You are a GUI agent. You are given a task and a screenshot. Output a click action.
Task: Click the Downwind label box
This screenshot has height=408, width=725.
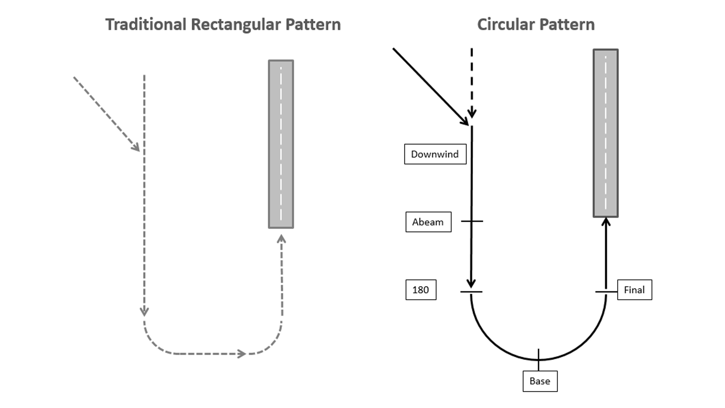(x=435, y=154)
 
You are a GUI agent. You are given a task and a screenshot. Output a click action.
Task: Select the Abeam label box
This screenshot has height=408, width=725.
(x=428, y=222)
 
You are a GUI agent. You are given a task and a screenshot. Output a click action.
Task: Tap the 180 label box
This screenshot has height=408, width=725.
(x=421, y=290)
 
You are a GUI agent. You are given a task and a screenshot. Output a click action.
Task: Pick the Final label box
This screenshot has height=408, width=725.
(x=634, y=290)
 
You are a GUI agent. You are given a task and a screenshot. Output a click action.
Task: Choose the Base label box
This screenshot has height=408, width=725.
(x=540, y=381)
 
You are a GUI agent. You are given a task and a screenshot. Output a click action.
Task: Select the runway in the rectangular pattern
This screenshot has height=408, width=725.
(x=281, y=144)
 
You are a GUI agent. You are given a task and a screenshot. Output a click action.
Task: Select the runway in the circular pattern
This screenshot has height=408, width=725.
(x=605, y=133)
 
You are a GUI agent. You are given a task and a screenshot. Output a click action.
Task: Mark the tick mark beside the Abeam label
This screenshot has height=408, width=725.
(x=472, y=221)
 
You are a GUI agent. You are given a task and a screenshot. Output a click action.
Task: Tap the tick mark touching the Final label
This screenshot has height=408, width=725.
(x=606, y=292)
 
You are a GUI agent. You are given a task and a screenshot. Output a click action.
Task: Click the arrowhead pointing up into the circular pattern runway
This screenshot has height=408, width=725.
(x=606, y=222)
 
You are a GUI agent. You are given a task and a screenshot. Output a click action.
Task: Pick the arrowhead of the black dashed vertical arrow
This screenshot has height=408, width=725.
(x=472, y=114)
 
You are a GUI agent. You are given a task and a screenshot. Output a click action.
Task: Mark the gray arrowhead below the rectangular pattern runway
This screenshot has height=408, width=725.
(x=281, y=239)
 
